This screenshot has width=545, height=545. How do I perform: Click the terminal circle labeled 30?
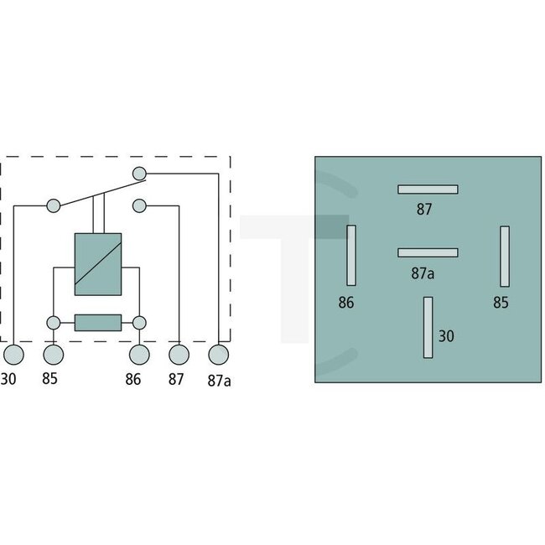(x=13, y=355)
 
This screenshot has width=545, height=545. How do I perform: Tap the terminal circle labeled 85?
(x=54, y=355)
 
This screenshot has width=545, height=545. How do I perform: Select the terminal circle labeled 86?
(x=139, y=355)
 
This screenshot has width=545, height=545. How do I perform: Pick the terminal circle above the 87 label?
(x=179, y=355)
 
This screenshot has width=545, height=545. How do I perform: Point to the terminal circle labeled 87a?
(x=219, y=355)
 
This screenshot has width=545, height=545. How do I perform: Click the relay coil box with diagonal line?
(x=98, y=264)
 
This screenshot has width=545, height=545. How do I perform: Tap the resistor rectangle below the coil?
(x=98, y=323)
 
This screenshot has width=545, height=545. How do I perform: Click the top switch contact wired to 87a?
(x=139, y=173)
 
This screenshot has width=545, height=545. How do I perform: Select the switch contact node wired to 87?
(x=139, y=205)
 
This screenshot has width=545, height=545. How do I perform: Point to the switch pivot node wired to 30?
(x=54, y=205)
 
